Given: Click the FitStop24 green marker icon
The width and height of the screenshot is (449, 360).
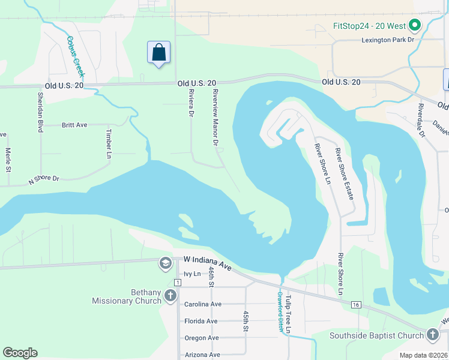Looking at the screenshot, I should [x=414, y=26].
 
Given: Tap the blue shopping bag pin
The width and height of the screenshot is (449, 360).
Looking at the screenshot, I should [x=158, y=52].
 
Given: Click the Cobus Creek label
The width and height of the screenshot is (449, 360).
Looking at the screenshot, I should [x=75, y=58].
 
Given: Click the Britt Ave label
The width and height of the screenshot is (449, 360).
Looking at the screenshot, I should [x=74, y=125].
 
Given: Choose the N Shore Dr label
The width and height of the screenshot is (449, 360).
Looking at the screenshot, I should [x=44, y=179].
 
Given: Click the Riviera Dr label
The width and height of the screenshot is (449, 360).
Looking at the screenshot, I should [x=191, y=103].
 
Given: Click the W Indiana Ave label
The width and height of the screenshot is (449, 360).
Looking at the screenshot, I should [x=208, y=262].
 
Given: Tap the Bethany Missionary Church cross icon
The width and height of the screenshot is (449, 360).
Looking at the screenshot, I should [x=170, y=295].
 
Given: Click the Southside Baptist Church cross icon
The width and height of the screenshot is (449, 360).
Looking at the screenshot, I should [x=432, y=335].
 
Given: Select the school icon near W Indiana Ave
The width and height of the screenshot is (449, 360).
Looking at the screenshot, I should [x=165, y=263].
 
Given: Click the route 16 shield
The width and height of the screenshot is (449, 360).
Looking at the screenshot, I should [x=357, y=305].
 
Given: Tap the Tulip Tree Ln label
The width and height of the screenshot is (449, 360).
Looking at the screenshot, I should [x=289, y=314].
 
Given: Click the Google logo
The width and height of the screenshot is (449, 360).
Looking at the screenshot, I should [x=20, y=353].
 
